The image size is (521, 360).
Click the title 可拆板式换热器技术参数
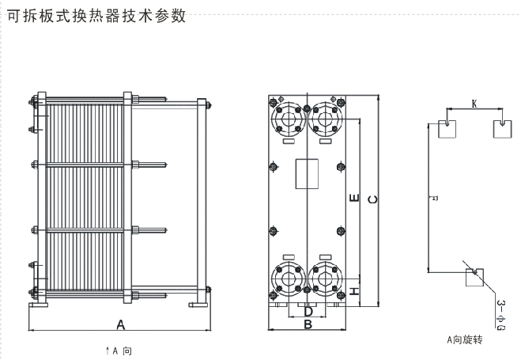(x=96, y=15)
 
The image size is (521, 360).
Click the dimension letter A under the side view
(x=121, y=324)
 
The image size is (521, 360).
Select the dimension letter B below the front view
(x=308, y=324)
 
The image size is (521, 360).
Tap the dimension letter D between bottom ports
(x=308, y=311)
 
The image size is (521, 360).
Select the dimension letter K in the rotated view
(x=474, y=103)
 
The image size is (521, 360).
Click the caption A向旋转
(x=464, y=340)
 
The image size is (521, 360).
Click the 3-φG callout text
(x=500, y=313)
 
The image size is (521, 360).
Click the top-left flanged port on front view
(x=286, y=119)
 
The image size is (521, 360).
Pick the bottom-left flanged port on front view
(x=286, y=277)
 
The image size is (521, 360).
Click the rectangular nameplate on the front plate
(x=307, y=174)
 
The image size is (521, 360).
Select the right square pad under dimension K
(x=501, y=129)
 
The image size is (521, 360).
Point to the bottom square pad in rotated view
(x=474, y=279)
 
